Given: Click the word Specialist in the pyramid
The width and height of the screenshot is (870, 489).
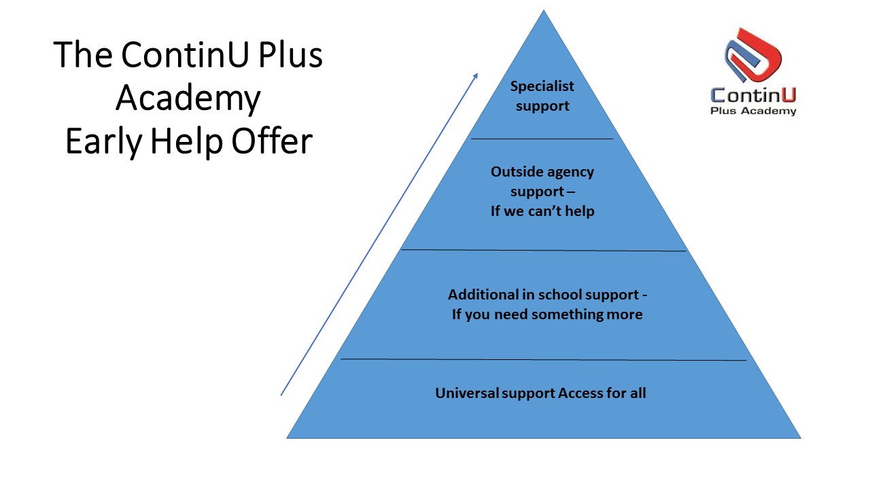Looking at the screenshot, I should pos(542,86).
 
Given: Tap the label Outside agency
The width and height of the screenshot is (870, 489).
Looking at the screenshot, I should pos(542,172).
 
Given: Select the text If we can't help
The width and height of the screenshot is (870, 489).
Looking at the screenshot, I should pos(542,211).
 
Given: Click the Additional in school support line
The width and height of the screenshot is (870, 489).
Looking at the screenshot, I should pos(547,295).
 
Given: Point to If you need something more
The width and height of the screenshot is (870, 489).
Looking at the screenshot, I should pos(547,314).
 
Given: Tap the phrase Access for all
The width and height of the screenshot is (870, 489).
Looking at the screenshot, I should pos(602,393).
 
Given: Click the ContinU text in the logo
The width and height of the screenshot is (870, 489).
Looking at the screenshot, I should pos(754,94).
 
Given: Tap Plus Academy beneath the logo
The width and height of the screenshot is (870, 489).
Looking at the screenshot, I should pos(753,111).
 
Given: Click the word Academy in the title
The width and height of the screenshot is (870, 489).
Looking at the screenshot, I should pos(188,99).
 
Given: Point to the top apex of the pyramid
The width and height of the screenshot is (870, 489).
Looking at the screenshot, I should pos(544,11).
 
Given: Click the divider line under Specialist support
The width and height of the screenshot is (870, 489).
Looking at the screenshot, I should pos(542,139).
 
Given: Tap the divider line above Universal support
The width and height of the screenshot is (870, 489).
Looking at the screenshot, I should pos(543,359).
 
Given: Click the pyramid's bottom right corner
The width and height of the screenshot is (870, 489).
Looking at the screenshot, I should pos(799,437).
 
